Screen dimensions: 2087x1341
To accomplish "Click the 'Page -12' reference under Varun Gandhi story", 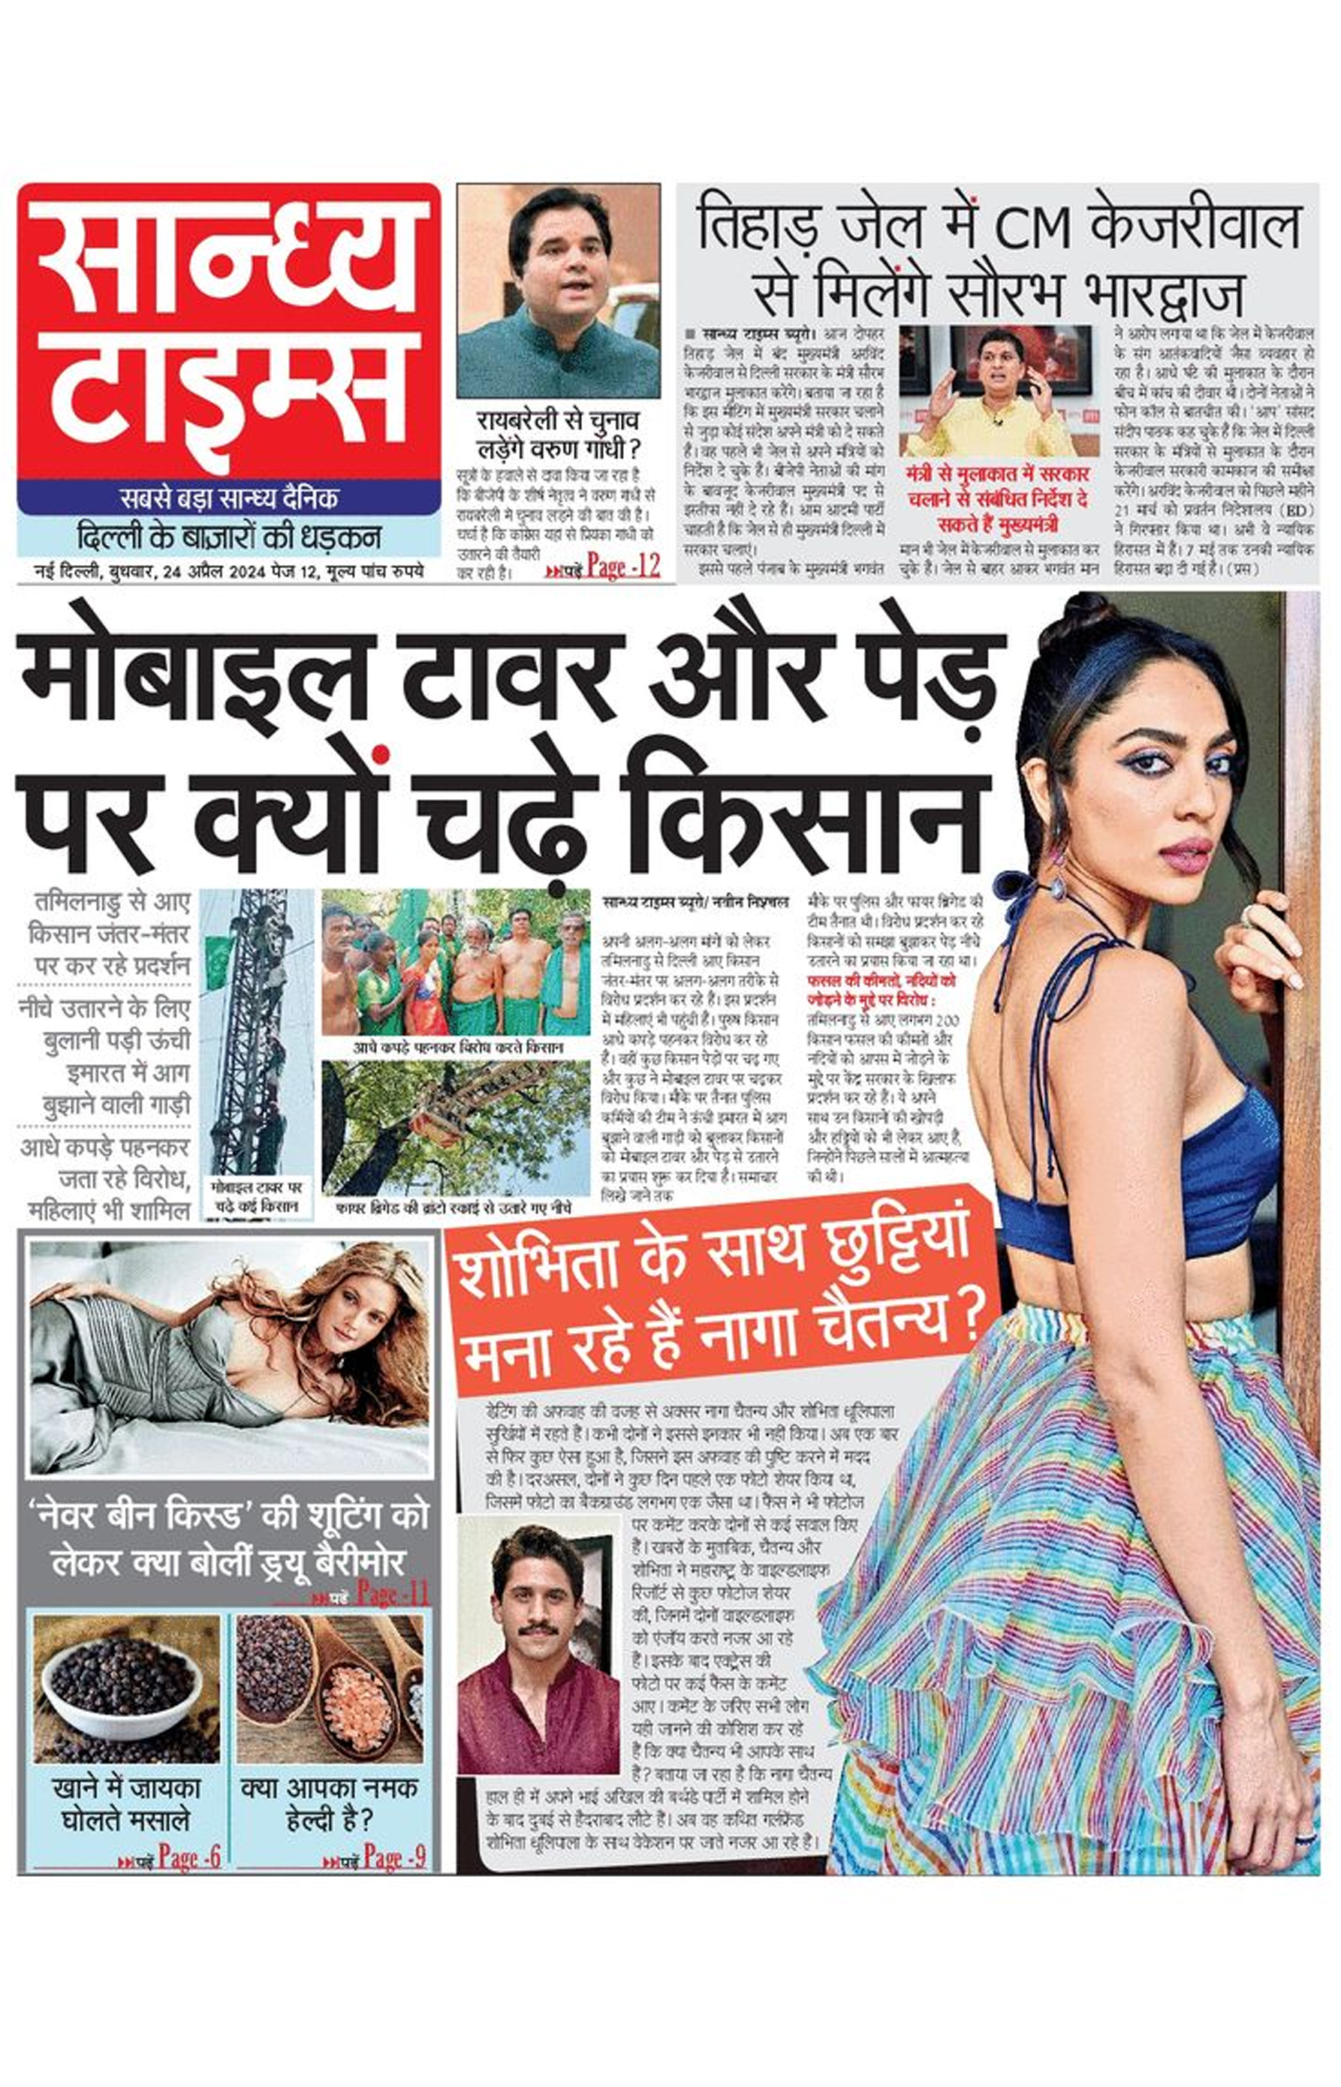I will point(622,567).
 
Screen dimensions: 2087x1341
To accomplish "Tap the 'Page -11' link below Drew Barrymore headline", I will point(393,1595).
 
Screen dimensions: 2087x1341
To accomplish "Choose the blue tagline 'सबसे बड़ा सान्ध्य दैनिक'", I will point(228,498).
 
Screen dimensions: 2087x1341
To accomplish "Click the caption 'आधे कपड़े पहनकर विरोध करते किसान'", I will point(457,1048).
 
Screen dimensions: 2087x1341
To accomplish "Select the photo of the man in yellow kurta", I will point(994,390).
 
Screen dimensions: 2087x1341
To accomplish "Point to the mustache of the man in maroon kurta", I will point(538,1628).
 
